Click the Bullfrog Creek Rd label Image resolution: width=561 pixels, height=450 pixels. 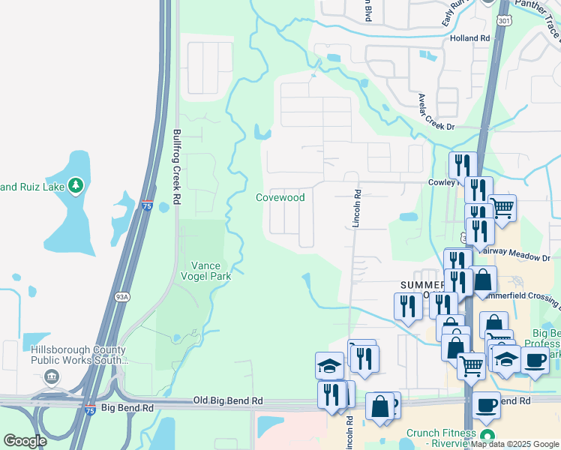pos(178,167)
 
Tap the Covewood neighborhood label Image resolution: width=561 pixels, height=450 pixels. pos(280,197)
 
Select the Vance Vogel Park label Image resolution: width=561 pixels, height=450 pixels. pos(211,271)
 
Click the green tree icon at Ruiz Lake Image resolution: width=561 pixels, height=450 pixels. pos(75,185)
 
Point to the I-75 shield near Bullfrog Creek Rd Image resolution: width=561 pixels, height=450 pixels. pos(147,205)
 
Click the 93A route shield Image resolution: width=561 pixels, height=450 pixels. pos(120,298)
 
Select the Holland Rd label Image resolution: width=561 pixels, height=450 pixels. pos(469,37)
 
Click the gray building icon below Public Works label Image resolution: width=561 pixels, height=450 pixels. pos(52,376)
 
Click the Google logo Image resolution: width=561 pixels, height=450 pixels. pos(25,440)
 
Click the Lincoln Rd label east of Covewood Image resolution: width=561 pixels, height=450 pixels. pos(357,208)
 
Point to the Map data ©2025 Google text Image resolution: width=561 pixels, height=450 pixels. pos(514,444)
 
